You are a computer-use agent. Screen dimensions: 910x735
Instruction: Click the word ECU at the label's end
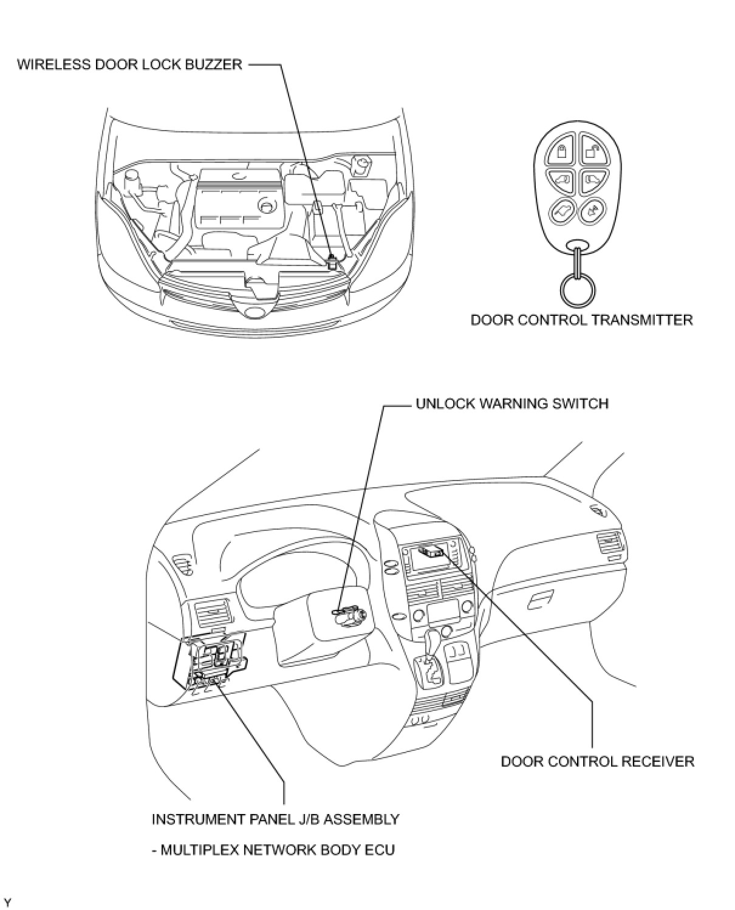pos(380,849)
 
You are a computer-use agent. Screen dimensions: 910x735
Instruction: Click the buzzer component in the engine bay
pos(332,263)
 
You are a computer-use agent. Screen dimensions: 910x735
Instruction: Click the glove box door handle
pos(540,601)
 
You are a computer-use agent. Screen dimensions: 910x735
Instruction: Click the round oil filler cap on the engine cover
pos(266,206)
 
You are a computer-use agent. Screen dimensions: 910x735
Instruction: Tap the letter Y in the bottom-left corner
pos(7,901)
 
